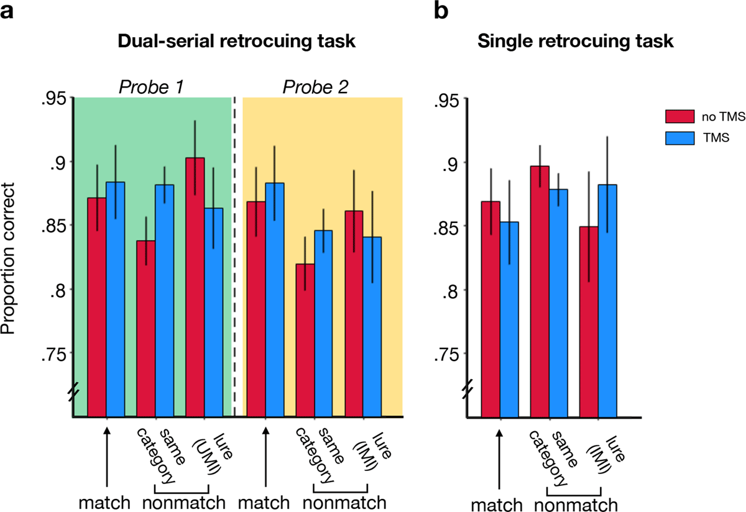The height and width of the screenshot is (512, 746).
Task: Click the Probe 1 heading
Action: point(152,87)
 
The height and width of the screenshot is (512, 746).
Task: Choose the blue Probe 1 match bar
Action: point(116,299)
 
